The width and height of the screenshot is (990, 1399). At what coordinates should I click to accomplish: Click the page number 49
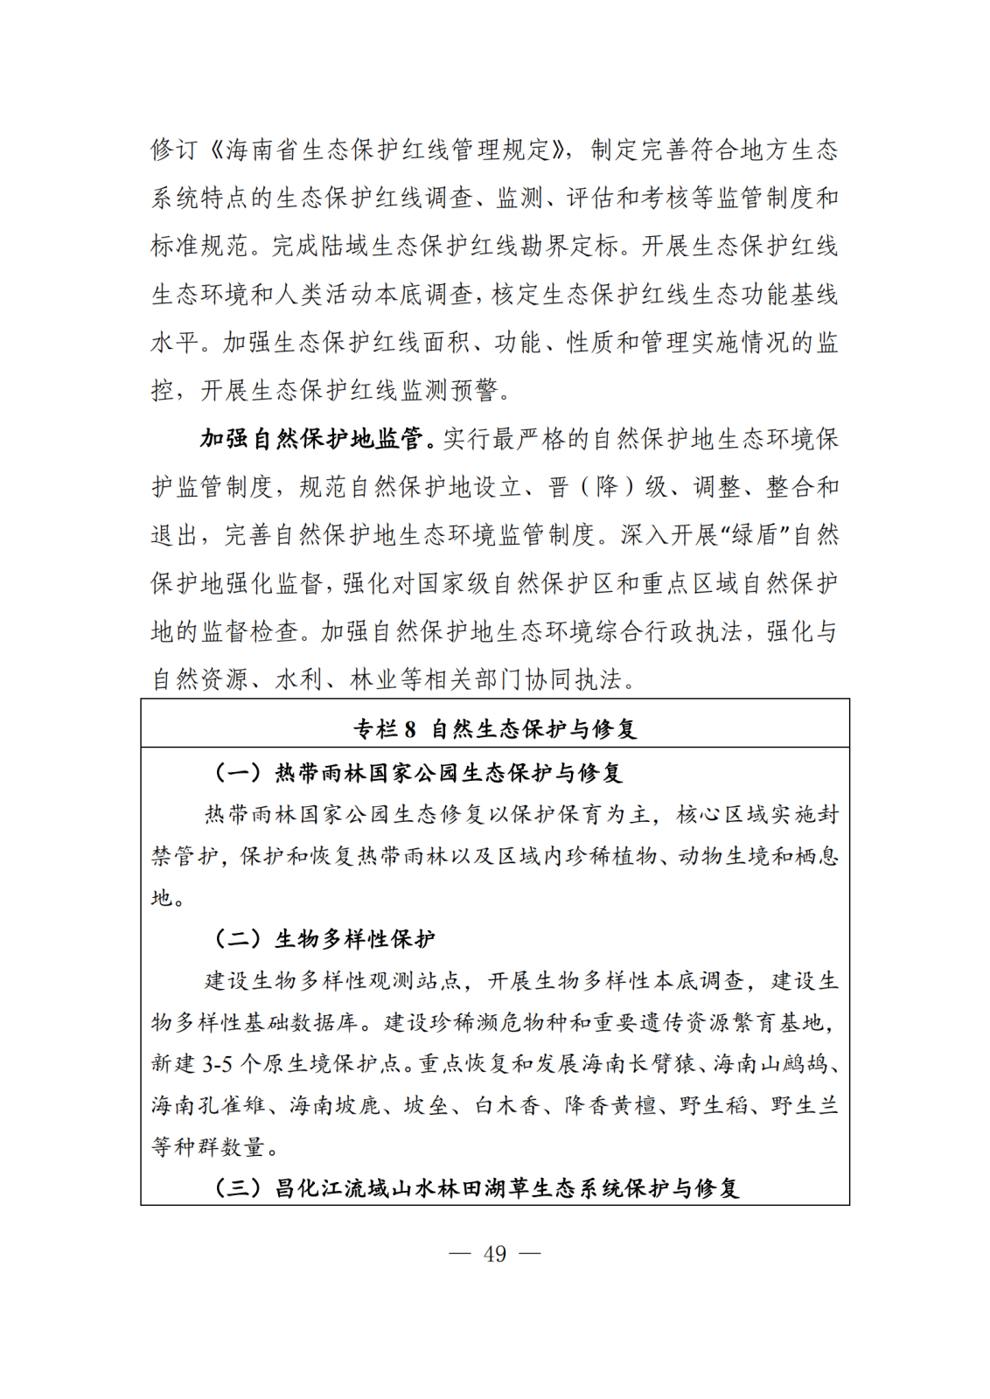click(x=494, y=1253)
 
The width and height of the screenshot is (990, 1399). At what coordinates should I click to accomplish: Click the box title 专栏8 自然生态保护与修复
click(x=494, y=728)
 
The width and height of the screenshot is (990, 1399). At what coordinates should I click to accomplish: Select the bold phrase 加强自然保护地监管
click(x=311, y=438)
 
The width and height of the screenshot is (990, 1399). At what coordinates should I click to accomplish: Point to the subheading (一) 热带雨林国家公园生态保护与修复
click(x=418, y=772)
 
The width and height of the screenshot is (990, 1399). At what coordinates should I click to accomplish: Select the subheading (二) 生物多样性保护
click(x=324, y=939)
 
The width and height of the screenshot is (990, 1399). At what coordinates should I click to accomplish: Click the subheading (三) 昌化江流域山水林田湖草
click(x=478, y=1188)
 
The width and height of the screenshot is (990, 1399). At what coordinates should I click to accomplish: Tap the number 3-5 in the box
click(x=218, y=1064)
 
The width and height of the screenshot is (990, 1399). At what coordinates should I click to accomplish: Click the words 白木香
click(x=507, y=1105)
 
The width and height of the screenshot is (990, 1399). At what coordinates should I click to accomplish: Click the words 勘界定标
click(x=570, y=246)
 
